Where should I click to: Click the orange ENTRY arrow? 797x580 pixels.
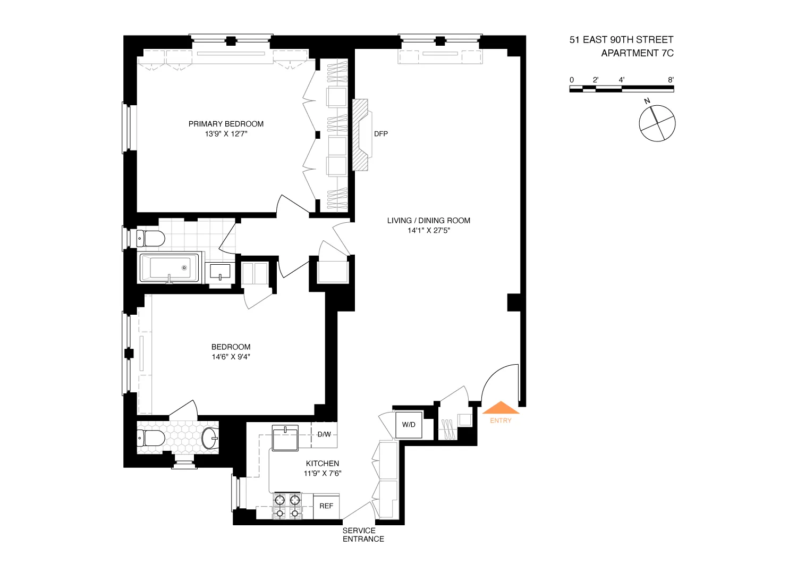501,408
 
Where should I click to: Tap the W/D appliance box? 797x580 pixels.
409,425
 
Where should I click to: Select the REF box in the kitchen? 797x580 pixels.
326,506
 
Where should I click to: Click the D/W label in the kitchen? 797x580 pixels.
324,434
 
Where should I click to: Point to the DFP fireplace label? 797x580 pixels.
381,134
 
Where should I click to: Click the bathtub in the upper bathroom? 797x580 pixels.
169,267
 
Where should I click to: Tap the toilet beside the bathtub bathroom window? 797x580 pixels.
150,238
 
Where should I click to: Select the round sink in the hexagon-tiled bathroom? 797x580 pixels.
210,438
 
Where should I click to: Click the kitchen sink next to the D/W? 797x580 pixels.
285,438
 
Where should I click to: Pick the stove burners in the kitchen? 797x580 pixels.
287,506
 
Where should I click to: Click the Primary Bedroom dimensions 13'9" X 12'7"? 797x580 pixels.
226,134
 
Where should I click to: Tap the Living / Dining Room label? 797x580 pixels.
428,221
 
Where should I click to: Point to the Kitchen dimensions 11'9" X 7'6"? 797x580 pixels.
323,473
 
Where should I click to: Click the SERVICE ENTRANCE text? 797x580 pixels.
363,535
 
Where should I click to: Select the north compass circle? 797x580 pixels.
657,123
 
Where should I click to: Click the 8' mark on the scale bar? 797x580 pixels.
671,80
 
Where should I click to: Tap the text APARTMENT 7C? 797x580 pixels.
637,53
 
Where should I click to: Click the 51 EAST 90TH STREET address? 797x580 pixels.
621,40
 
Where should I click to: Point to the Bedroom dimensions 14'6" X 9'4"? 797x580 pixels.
231,357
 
